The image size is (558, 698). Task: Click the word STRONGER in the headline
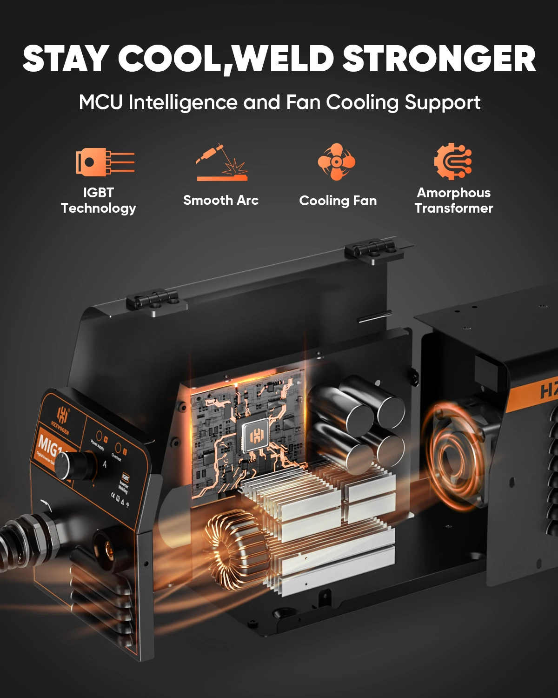pos(439,59)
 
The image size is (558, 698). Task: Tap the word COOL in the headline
pos(171,59)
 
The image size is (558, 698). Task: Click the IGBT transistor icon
pos(105,161)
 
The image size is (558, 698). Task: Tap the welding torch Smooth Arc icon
pos(222,162)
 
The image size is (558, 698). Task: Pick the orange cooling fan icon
pos(336,161)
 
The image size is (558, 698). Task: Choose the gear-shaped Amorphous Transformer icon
pos(453,161)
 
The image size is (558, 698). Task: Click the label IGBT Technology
pos(99,201)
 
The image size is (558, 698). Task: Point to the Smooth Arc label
pos(221,201)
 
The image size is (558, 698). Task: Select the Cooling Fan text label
pos(338,201)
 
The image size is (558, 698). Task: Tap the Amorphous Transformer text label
pos(454,201)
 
